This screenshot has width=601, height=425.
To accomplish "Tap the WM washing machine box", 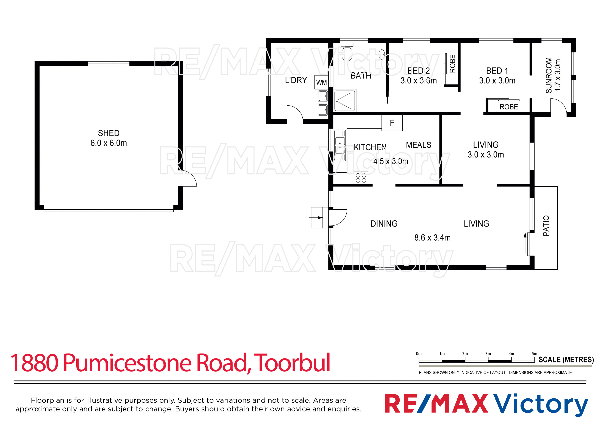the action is [x=321, y=82].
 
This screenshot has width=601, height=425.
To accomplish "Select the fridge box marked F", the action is [x=392, y=123].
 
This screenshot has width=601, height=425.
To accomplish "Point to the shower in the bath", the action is [x=345, y=101].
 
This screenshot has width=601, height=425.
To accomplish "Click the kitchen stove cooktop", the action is [x=361, y=178].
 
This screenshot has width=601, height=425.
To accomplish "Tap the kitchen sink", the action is [x=340, y=145].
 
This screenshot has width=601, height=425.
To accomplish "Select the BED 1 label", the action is [x=497, y=71].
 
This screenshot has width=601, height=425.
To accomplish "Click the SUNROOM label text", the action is [x=549, y=75].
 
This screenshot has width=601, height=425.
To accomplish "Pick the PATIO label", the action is [x=546, y=226].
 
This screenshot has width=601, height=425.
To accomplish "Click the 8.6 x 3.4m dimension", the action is [x=432, y=238].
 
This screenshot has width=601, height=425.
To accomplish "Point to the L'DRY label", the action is [x=296, y=80].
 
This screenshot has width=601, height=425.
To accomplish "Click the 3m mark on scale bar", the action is [x=488, y=354].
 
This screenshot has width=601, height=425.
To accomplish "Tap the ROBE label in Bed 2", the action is [x=452, y=64].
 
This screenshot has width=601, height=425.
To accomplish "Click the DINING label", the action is [x=384, y=224].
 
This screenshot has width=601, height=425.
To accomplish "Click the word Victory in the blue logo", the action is [x=541, y=404].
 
